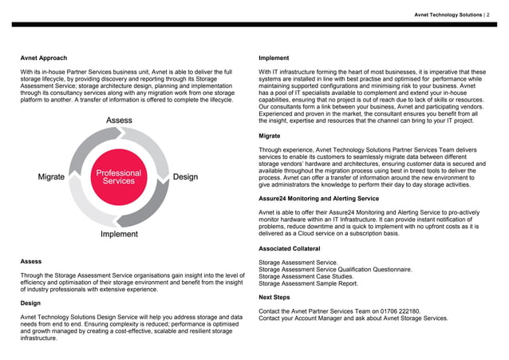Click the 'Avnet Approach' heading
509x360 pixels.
(44, 58)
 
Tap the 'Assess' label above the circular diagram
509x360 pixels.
(120, 121)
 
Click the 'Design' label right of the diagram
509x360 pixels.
(185, 176)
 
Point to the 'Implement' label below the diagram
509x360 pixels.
(119, 235)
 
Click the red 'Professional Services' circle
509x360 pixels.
(118, 176)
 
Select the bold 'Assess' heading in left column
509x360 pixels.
(32, 261)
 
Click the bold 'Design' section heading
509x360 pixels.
(32, 304)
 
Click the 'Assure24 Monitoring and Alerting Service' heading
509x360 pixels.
(319, 197)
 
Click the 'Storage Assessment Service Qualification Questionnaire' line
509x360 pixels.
(336, 269)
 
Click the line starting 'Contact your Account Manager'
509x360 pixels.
(353, 318)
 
